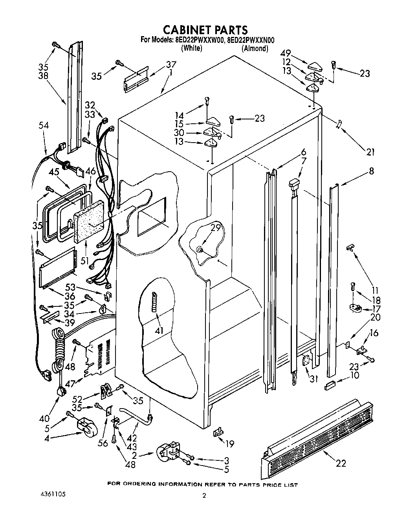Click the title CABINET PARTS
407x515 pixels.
pyautogui.click(x=205, y=30)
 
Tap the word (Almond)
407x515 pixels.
pyautogui.click(x=255, y=48)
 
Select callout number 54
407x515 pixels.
pyautogui.click(x=44, y=125)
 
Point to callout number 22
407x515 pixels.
pyautogui.click(x=341, y=463)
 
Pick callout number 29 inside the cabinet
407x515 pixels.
pyautogui.click(x=215, y=227)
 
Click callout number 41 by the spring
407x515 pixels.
pyautogui.click(x=159, y=331)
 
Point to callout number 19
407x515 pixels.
pyautogui.click(x=229, y=444)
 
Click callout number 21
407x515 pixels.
pyautogui.click(x=370, y=152)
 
